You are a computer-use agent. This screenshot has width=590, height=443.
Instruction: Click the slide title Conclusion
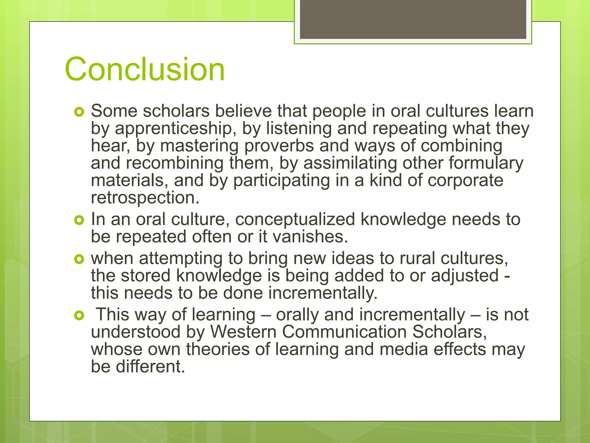tap(145, 70)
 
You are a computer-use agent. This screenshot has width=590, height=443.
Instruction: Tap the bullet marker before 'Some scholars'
tap(79, 112)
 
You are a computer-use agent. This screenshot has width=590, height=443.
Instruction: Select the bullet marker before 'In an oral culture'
tap(79, 220)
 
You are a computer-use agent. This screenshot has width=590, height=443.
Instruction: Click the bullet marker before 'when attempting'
tap(79, 259)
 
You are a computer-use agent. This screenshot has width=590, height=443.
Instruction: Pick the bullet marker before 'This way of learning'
tap(79, 316)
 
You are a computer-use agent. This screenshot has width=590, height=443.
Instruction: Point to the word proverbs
tap(279, 146)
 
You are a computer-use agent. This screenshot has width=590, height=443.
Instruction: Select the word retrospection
tap(145, 198)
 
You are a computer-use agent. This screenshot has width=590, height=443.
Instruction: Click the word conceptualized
tap(295, 219)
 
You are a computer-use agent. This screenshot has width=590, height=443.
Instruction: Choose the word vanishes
tap(310, 237)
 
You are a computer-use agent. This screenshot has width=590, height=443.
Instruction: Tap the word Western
tap(243, 332)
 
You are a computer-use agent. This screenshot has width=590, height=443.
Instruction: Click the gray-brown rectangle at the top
tap(413, 19)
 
